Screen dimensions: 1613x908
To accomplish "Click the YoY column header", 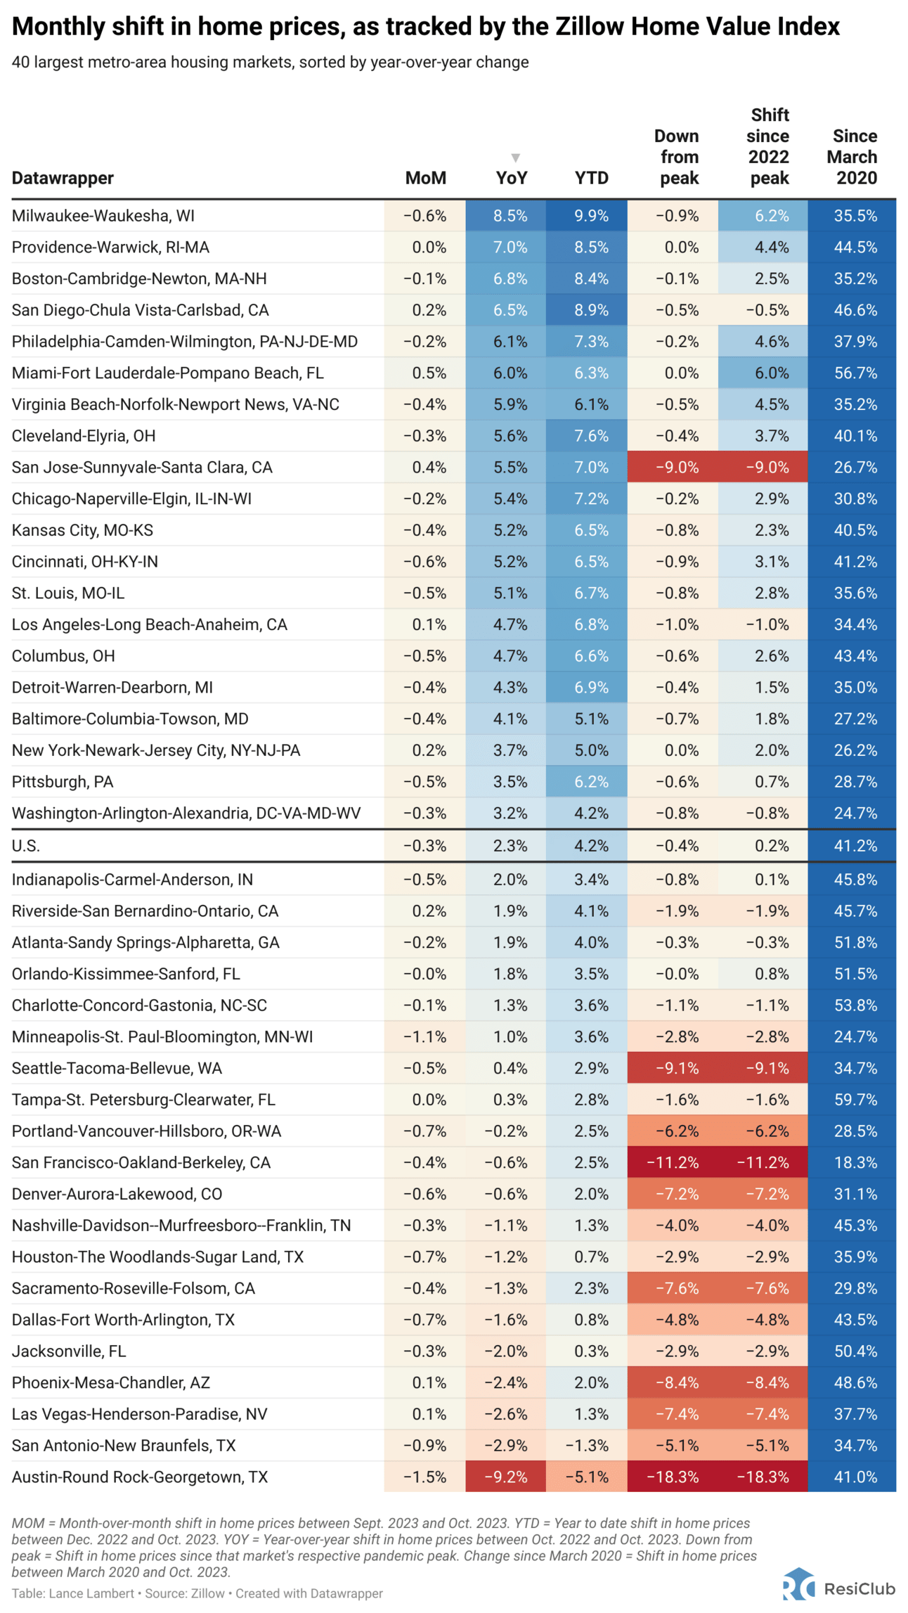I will click(511, 178).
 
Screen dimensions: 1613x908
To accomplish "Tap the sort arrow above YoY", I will click(515, 158).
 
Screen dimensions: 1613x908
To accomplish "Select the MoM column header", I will click(425, 178).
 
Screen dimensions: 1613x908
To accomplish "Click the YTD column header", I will click(591, 178).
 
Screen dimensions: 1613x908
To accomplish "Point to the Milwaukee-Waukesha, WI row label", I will click(103, 216).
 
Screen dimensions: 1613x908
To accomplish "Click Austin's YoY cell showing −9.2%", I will click(506, 1477).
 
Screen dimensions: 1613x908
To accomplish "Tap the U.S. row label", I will click(26, 846).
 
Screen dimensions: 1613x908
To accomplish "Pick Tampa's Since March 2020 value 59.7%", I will click(855, 1100).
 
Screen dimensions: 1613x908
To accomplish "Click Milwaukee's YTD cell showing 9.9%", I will click(590, 216).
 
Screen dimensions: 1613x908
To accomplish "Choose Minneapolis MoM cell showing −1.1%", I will click(424, 1037).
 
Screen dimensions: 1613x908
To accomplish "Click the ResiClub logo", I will click(838, 1588).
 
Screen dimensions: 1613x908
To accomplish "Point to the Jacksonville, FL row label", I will click(69, 1351).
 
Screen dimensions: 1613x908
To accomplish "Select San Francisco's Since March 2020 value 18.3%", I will click(855, 1163).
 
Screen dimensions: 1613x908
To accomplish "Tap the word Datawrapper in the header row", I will click(63, 178).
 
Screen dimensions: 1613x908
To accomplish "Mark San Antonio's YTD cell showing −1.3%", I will click(588, 1446).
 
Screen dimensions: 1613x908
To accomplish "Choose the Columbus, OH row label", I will click(63, 656).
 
